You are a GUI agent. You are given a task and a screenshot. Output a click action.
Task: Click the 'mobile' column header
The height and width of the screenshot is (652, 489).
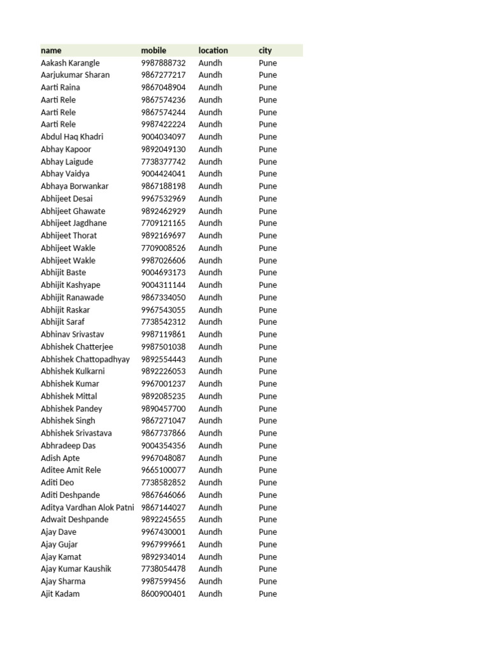click(x=153, y=50)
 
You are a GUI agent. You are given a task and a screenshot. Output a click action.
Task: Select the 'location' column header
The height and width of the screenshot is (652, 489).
click(x=213, y=50)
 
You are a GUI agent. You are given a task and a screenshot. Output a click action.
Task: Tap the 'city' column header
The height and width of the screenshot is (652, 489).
click(x=265, y=50)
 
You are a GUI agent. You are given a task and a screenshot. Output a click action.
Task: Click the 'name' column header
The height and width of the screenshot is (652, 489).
click(x=51, y=50)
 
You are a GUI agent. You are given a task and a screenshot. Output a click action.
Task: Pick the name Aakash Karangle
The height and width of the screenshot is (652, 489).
click(x=70, y=63)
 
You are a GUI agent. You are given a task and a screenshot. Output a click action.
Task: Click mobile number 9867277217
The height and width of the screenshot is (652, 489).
click(x=163, y=75)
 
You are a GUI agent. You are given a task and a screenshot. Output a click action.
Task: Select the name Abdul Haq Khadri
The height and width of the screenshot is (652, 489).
click(x=72, y=137)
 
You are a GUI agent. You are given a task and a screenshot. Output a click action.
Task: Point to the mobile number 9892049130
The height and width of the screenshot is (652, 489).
click(x=163, y=150)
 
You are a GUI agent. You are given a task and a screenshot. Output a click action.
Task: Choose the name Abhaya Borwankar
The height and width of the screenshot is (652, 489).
click(x=74, y=187)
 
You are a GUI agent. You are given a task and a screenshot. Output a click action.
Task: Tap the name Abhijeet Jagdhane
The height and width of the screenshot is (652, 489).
click(x=74, y=223)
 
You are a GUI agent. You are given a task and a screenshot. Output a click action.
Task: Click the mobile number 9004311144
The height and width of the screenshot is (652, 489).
click(x=163, y=285)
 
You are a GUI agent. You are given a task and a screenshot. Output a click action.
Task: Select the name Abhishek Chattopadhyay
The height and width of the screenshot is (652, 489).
click(x=85, y=359)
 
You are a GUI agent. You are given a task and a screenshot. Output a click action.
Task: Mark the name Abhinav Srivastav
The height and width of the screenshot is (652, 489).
click(x=73, y=334)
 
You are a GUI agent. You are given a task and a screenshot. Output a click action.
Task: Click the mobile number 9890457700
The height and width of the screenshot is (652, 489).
click(x=163, y=409)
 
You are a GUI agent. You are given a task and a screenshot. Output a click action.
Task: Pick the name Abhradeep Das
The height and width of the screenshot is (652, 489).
click(x=68, y=446)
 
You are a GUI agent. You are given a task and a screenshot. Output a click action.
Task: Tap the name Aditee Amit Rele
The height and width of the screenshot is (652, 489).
click(x=71, y=470)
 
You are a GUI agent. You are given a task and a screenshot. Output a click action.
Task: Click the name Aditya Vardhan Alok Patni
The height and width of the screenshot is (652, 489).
click(x=87, y=507)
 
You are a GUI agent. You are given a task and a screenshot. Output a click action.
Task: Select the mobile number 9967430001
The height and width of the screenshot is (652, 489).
click(x=163, y=532)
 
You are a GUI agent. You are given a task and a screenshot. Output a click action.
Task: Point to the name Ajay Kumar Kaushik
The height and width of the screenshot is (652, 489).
click(x=76, y=569)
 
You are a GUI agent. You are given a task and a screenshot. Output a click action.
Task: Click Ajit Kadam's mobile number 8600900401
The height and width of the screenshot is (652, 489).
click(x=163, y=594)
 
